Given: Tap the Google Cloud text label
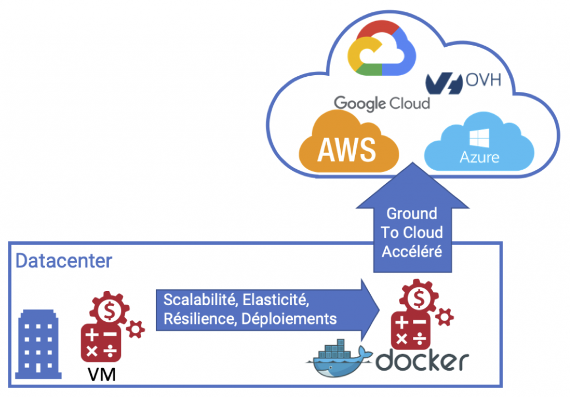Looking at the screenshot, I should (x=382, y=103).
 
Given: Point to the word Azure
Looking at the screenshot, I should (x=479, y=158).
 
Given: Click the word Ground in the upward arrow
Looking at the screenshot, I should (x=411, y=214).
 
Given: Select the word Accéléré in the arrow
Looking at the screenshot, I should (x=411, y=251).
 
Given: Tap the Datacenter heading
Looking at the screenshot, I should (x=63, y=261).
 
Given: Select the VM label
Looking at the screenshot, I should (x=102, y=375).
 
